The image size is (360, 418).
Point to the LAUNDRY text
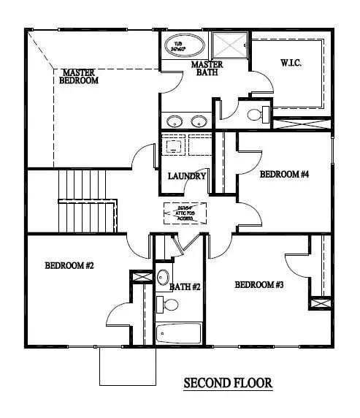(187, 177)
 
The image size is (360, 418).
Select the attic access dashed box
(185, 213)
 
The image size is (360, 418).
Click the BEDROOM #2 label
(69, 265)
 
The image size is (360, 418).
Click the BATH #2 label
(185, 287)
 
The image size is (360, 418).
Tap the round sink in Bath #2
(163, 278)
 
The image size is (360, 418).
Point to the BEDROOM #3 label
(258, 284)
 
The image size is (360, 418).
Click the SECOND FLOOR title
(227, 383)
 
